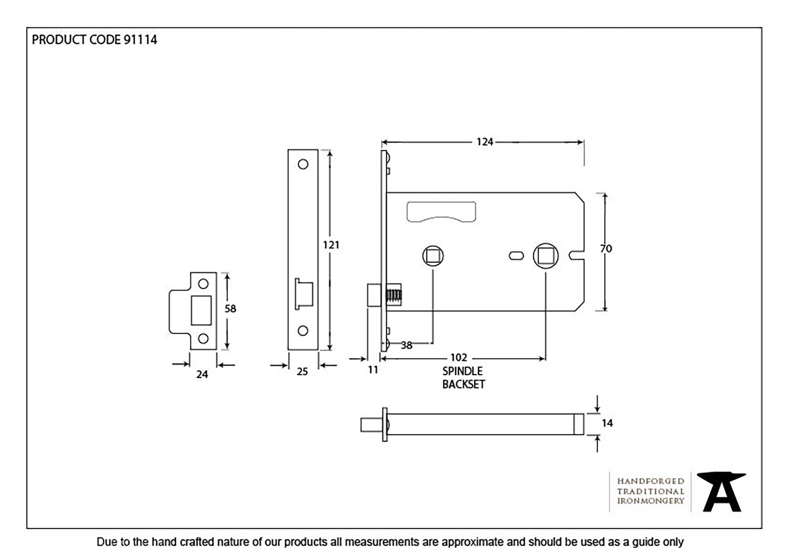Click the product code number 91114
coord(140,40)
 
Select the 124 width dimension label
coord(484,142)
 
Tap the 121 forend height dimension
coord(331,245)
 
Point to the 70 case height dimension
coord(606,249)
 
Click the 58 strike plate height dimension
coord(230,308)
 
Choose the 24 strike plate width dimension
coord(202,374)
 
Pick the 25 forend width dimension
coord(302,371)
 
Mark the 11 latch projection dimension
coord(373,370)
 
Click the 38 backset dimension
coord(406,345)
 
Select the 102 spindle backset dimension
coord(458,358)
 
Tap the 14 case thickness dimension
coord(607,423)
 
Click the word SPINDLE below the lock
coord(462,371)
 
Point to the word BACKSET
coord(464,384)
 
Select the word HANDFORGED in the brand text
coord(651,481)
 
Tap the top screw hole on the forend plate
coord(303,164)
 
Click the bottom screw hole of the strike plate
coord(203,338)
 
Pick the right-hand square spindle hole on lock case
coord(546,256)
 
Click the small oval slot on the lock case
coord(516,256)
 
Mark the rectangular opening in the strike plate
coord(201,310)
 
